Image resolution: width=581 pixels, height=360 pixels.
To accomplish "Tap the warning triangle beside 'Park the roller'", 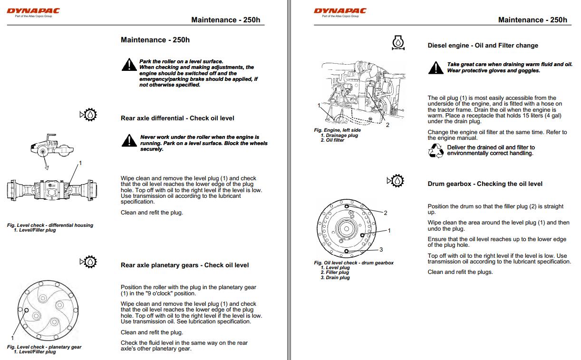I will (x=128, y=64).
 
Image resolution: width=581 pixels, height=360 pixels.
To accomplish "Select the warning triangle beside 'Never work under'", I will (x=128, y=140).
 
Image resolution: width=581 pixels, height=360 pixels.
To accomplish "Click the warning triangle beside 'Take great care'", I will (x=436, y=68).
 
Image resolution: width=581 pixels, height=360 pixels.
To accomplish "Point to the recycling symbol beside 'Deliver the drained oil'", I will (x=436, y=151).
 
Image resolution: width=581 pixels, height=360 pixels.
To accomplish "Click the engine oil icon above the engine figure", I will (x=398, y=43).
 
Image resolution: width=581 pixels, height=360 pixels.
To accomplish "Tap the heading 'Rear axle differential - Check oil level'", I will (x=177, y=118).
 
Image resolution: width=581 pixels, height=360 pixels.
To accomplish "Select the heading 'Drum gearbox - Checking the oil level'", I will (x=485, y=184).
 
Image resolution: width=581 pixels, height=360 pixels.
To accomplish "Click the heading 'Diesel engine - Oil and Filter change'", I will (x=483, y=46).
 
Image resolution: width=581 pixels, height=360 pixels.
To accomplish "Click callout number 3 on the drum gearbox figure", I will (x=381, y=249).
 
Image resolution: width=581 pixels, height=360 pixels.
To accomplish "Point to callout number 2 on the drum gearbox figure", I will (x=385, y=213).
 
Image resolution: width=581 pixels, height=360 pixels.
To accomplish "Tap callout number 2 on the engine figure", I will (x=387, y=125).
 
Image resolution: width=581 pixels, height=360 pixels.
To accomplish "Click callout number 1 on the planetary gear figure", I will (x=13, y=338).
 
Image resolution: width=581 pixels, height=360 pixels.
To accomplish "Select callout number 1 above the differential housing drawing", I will (x=80, y=163).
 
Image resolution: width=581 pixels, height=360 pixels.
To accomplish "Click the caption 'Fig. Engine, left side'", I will (x=337, y=130).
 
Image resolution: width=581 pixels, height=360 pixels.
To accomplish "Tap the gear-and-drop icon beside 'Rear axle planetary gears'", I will (x=89, y=262).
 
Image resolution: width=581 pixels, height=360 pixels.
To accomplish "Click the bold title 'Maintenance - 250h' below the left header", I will (x=155, y=40).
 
